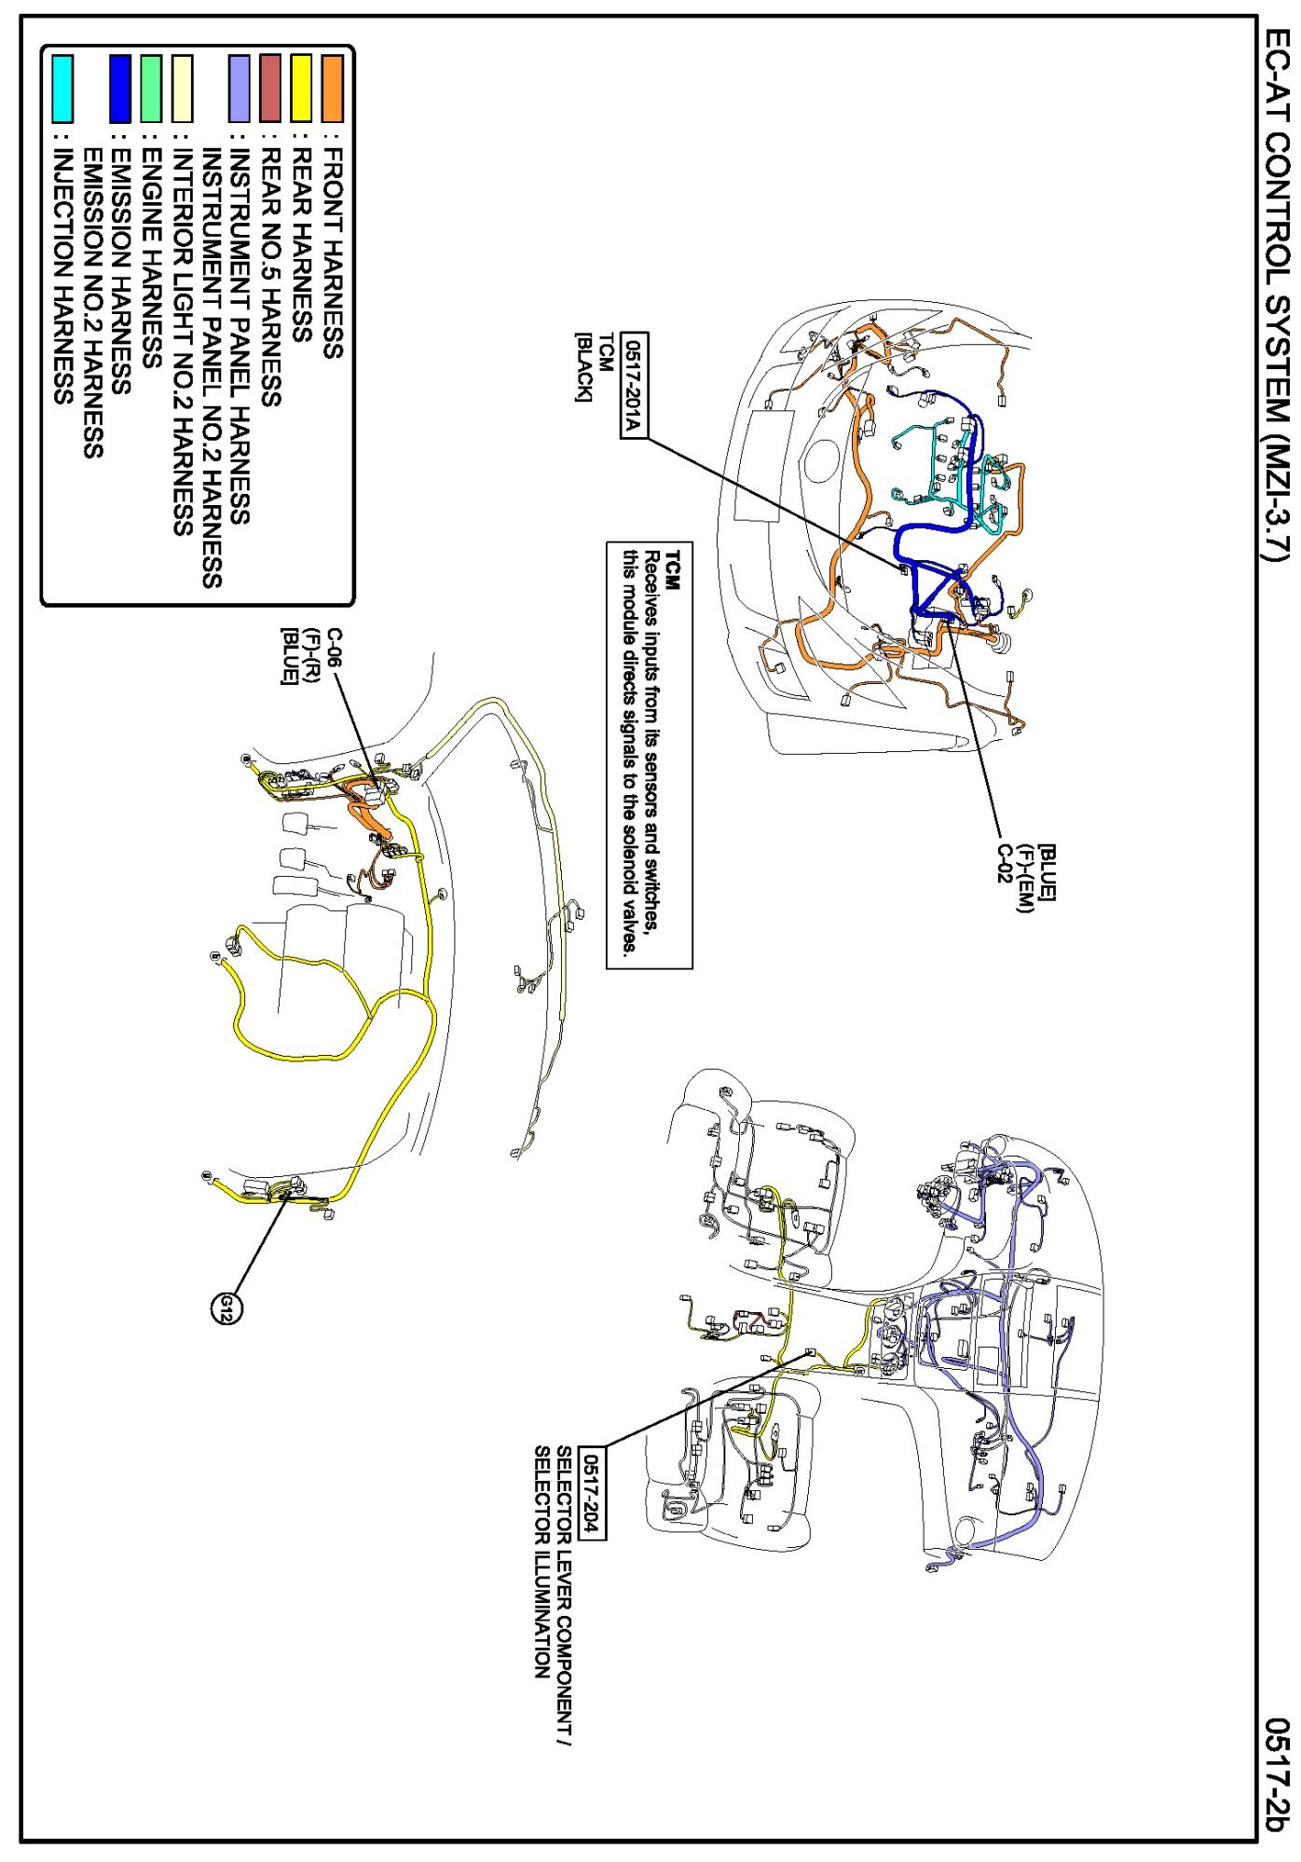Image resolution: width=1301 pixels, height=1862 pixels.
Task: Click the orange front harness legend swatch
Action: click(332, 89)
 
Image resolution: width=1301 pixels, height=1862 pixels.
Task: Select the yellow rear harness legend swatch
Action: click(301, 89)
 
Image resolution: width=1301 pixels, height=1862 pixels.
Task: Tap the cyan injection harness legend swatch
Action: click(62, 89)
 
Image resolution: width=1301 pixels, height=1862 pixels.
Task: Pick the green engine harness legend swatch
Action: click(151, 89)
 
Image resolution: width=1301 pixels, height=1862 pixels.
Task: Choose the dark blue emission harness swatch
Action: click(120, 89)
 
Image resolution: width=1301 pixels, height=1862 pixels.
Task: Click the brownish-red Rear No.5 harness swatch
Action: click(270, 89)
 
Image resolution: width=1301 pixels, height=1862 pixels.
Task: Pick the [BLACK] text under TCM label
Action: click(582, 369)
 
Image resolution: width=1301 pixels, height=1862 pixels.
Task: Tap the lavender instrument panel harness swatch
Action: click(240, 89)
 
